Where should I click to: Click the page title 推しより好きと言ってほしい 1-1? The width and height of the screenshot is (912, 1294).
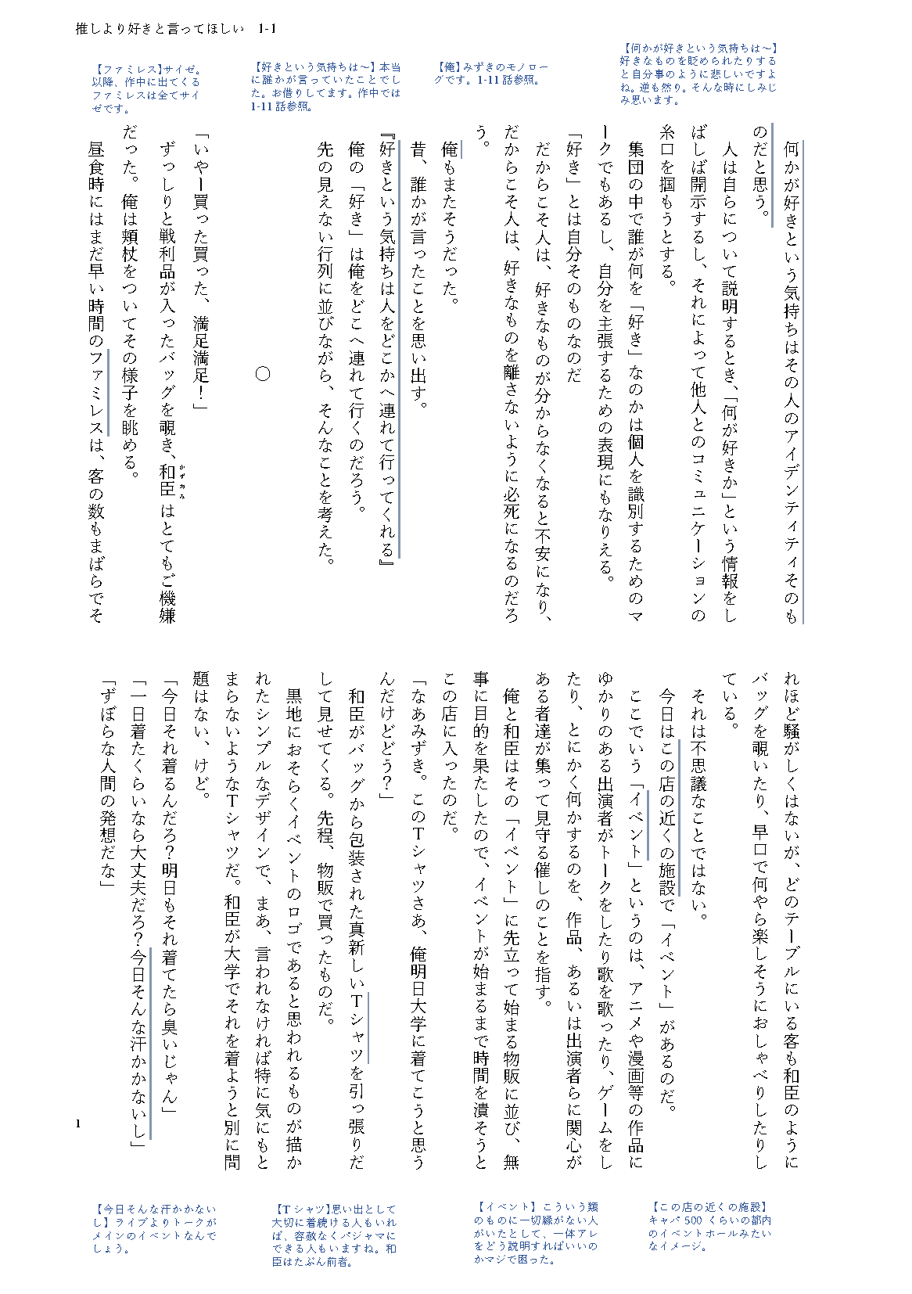175,30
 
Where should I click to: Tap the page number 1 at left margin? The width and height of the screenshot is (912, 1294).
79,1124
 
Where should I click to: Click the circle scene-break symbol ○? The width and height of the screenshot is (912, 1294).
264,374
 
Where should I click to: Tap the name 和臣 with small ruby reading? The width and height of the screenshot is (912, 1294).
167,480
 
